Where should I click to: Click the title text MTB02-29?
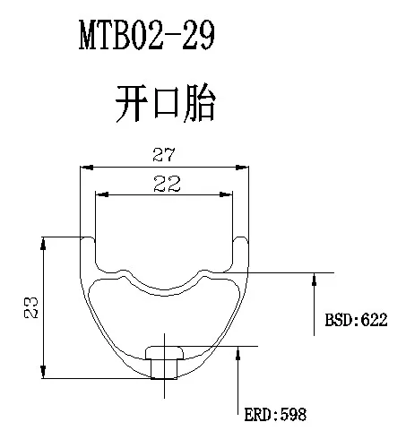click(x=147, y=35)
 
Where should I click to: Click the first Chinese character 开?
click(x=132, y=103)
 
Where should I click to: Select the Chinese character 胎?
click(x=200, y=103)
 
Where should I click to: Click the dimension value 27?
click(x=164, y=155)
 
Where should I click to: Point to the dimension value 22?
click(x=167, y=184)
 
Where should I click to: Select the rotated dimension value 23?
click(x=31, y=307)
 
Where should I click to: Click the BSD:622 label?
click(x=356, y=320)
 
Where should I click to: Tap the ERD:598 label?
click(x=275, y=415)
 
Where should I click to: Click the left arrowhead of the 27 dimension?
click(x=87, y=168)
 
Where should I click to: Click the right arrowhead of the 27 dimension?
click(x=242, y=168)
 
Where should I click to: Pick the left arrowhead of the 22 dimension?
click(x=102, y=194)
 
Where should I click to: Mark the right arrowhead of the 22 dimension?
click(x=226, y=194)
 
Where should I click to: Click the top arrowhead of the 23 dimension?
click(x=43, y=244)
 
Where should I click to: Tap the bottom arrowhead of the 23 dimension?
click(x=43, y=372)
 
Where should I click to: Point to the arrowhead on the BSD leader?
click(x=314, y=280)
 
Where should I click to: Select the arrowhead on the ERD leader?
click(x=238, y=353)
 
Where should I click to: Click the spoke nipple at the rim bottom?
click(x=164, y=363)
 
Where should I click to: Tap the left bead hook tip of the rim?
click(x=88, y=238)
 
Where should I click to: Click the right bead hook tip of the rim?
click(x=240, y=238)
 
